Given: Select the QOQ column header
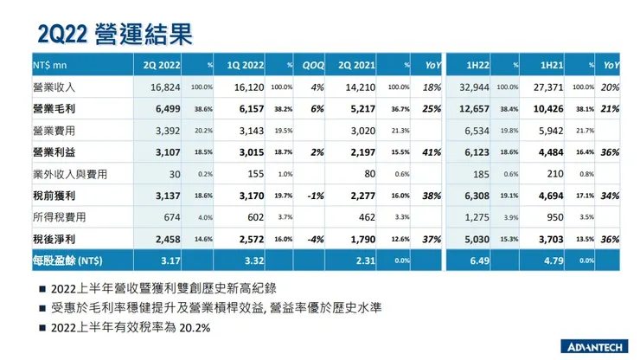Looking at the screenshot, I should point(313,65).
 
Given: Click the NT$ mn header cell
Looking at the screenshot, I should point(50,65).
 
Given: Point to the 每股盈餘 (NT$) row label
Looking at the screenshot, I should point(72,259).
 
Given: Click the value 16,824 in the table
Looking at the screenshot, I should point(164,87).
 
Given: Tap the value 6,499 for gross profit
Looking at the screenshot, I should point(167,108).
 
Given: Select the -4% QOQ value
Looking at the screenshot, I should point(316,237).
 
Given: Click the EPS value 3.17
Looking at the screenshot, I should point(170,259).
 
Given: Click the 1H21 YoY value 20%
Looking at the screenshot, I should point(611,87).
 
